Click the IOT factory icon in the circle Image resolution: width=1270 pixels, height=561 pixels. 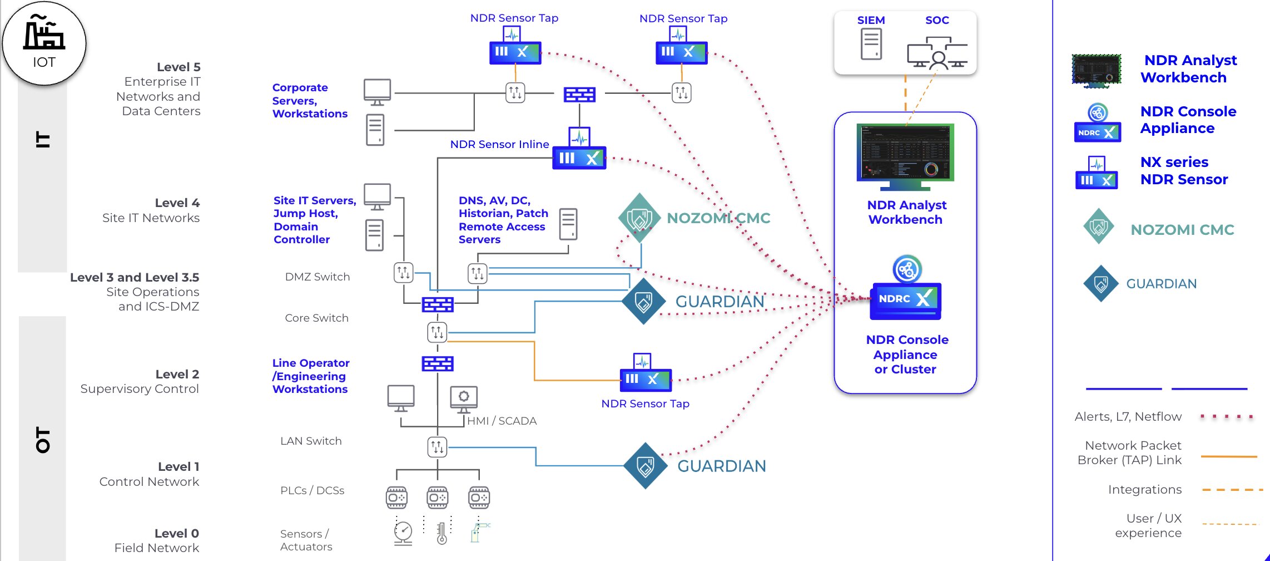(44, 33)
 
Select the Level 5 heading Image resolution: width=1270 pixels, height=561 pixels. (178, 67)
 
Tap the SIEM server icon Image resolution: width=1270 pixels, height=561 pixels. (871, 44)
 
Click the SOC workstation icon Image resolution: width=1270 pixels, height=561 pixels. (937, 53)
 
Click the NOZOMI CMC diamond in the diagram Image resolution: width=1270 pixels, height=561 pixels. (639, 218)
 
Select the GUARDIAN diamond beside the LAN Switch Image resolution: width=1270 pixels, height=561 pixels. (645, 466)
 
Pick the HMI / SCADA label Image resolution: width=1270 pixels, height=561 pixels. (502, 421)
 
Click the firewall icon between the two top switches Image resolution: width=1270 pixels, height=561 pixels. (579, 94)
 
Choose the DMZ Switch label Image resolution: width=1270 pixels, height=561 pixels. (317, 277)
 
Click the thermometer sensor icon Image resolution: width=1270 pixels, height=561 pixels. (442, 533)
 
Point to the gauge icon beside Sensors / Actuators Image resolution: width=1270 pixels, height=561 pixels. (403, 533)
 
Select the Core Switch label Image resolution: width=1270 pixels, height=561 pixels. (316, 318)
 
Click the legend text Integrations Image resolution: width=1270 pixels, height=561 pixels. (1144, 489)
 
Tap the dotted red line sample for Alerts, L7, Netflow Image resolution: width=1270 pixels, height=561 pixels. (1227, 416)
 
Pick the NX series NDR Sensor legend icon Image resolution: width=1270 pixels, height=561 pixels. (1097, 173)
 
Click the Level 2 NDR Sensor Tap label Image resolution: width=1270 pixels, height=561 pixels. (645, 403)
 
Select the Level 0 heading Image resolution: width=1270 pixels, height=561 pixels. (176, 533)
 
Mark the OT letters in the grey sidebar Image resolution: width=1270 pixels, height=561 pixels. (43, 440)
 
